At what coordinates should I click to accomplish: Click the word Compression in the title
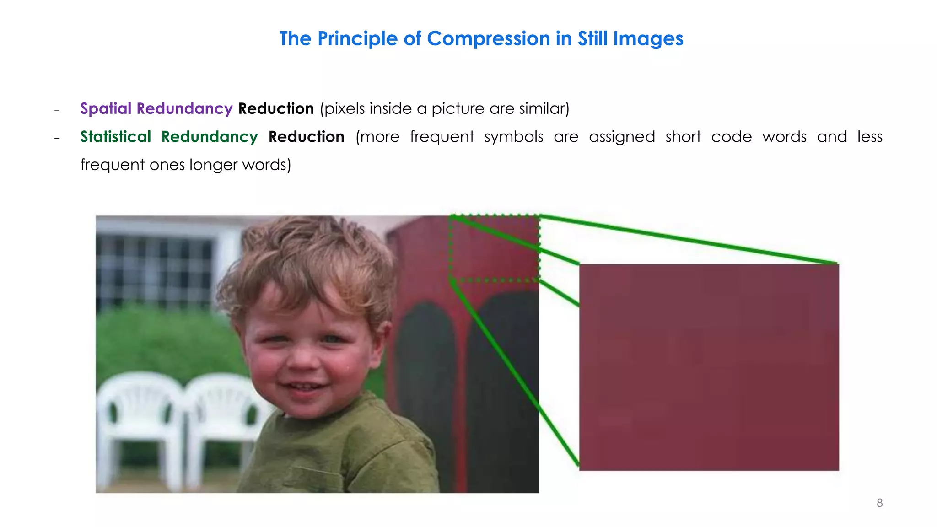pos(488,39)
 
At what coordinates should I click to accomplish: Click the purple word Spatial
pos(106,108)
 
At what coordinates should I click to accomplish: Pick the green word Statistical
pos(115,137)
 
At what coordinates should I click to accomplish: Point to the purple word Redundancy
pos(184,108)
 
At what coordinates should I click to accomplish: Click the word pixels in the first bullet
pos(345,108)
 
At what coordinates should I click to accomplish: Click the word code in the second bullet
pos(731,137)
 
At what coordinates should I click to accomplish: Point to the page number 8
pos(879,503)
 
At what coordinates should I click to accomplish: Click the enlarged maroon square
pos(709,367)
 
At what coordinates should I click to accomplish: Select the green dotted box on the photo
pos(495,247)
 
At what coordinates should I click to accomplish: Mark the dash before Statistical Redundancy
pos(57,138)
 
